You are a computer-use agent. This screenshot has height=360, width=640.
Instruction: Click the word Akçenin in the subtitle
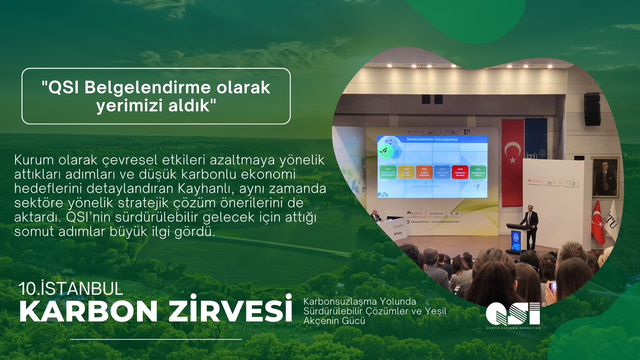[321, 321]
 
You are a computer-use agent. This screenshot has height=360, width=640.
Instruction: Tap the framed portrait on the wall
[605, 178]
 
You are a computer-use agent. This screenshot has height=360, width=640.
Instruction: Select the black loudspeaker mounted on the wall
[592, 109]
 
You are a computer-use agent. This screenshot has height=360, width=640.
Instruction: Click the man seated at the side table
[377, 217]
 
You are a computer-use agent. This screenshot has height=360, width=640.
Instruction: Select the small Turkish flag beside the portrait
[598, 221]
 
